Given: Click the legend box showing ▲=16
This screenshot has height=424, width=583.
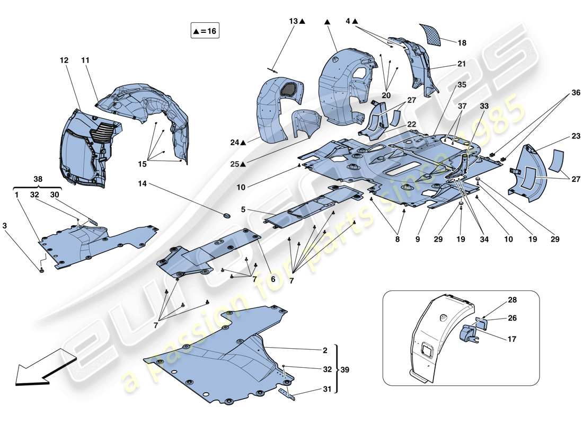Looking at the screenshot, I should pyautogui.click(x=205, y=31).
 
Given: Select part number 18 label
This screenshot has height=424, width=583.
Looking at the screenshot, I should pyautogui.click(x=462, y=42).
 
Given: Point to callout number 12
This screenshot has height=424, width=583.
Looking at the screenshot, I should pyautogui.click(x=64, y=60).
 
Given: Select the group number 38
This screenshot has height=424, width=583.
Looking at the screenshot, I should pyautogui.click(x=38, y=180).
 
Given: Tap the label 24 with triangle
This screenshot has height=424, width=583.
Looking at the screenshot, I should pyautogui.click(x=238, y=142).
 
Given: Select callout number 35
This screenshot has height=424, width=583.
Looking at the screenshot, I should pyautogui.click(x=462, y=84).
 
